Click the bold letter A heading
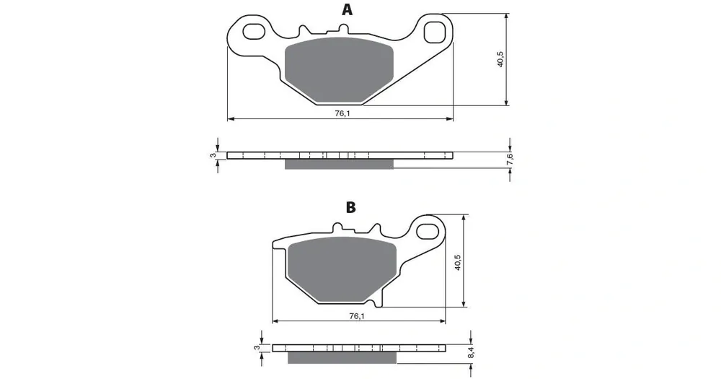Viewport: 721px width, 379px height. pos(348,9)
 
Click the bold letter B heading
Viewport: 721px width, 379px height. pos(351,207)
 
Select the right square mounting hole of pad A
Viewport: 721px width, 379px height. pos(434,32)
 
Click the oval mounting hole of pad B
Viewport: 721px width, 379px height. pos(428,231)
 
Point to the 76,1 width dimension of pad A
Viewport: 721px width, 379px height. pos(342,113)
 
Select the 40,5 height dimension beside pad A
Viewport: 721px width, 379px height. pos(500,58)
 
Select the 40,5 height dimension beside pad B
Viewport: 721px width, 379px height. pos(458,261)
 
